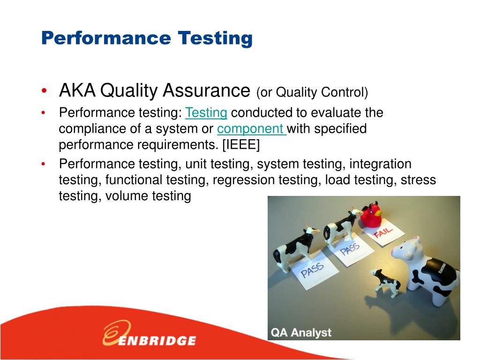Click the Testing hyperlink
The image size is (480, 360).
click(206, 113)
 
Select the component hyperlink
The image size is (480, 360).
click(251, 129)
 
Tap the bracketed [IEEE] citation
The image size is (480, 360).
click(240, 145)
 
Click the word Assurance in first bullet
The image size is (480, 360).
click(206, 90)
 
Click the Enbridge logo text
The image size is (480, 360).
click(157, 340)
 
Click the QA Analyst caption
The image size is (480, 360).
click(301, 333)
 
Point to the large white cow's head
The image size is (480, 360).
click(406, 248)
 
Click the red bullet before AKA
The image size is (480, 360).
click(44, 91)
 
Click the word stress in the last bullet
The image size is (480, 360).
click(418, 180)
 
